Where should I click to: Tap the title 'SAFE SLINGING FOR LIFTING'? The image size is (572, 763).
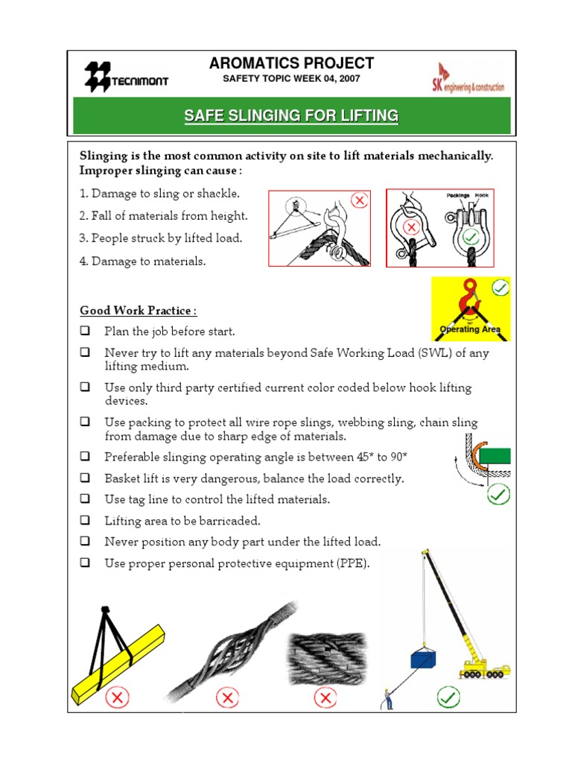(x=291, y=115)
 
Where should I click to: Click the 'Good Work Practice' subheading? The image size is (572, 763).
(x=138, y=310)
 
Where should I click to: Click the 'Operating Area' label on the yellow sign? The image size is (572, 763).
(x=470, y=329)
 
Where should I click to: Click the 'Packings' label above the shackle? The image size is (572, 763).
(x=457, y=195)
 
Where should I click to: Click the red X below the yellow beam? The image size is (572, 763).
(x=118, y=698)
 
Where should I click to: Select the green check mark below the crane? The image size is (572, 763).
(x=448, y=698)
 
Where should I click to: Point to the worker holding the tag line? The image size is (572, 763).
(x=387, y=698)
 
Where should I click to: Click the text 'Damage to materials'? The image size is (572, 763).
(x=148, y=261)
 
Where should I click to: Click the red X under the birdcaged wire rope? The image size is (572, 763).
(x=227, y=698)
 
